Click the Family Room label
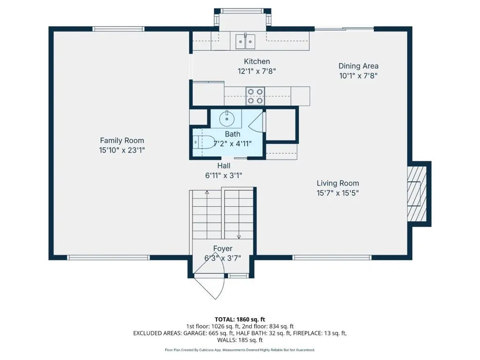[122, 141]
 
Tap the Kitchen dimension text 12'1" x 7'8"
[257, 71]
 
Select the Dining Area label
[358, 66]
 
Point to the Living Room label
[337, 183]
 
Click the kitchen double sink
[245, 41]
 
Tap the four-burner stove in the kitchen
[255, 96]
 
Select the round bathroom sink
[227, 119]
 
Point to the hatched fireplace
[417, 194]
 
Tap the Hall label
[224, 166]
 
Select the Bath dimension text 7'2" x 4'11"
[232, 143]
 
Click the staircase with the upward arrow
[207, 214]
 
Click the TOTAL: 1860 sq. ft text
[240, 320]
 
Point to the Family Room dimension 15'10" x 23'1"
[122, 150]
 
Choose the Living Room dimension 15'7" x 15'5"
[337, 193]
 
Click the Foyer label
[223, 248]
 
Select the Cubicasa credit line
[240, 350]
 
